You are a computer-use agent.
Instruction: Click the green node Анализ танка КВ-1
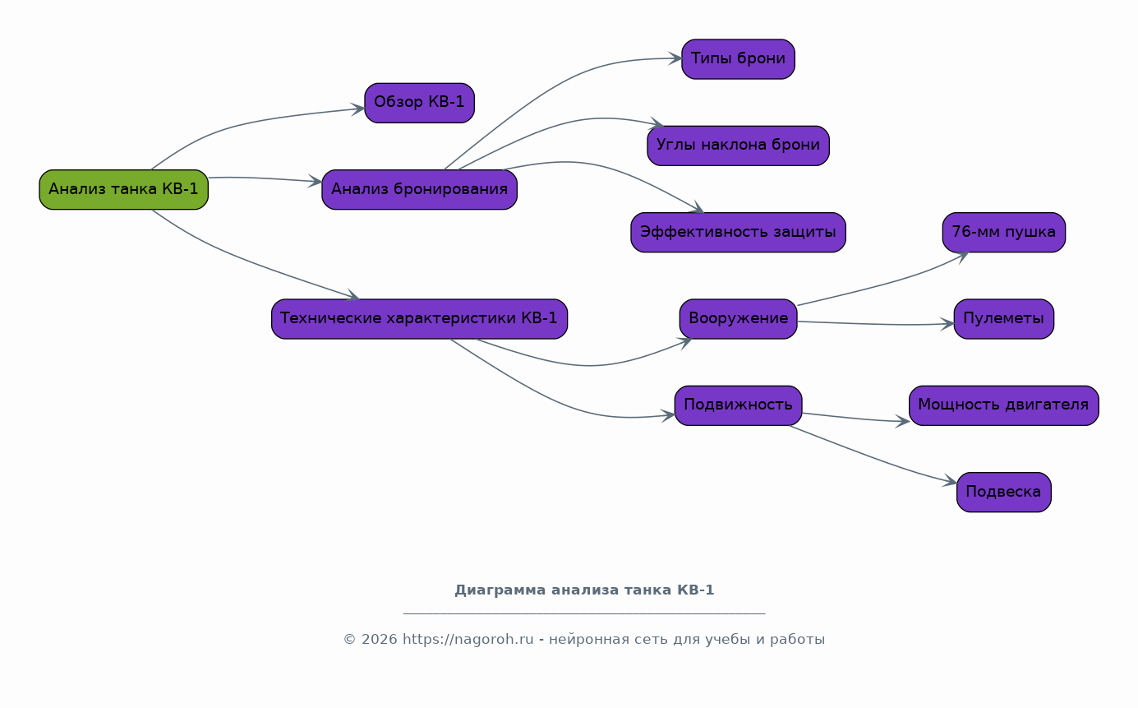(123, 190)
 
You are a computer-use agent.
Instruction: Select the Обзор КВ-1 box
(419, 103)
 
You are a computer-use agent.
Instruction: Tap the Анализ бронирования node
(419, 190)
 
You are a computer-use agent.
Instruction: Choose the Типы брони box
(738, 59)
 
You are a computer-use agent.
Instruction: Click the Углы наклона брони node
(738, 146)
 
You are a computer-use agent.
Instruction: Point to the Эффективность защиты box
(738, 232)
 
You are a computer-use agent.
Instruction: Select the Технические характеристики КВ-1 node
(419, 319)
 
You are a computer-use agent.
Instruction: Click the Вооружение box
(738, 319)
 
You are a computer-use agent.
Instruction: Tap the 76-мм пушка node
(1003, 232)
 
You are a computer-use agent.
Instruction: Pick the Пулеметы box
(1003, 319)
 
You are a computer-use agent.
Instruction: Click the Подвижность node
(738, 405)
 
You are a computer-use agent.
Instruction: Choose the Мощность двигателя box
(1003, 405)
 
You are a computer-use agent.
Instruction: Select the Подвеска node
(1003, 492)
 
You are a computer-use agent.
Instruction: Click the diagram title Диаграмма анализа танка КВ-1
(584, 590)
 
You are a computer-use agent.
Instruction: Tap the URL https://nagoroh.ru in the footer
(468, 640)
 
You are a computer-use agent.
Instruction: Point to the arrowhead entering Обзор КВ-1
(358, 109)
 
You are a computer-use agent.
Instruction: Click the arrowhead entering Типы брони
(675, 58)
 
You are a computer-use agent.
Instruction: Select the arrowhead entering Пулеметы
(947, 324)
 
